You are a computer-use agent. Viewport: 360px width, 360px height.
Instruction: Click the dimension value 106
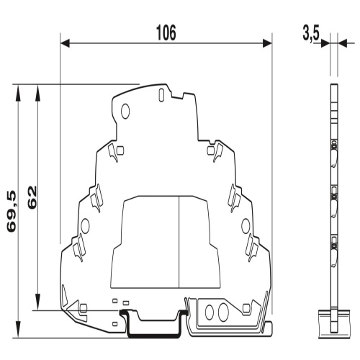pos(166,32)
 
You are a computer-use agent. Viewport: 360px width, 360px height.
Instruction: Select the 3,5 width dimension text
pos(311,35)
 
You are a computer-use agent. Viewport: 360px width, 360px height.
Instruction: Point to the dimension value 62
pos(32,197)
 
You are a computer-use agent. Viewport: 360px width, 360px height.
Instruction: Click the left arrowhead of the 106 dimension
pos(66,43)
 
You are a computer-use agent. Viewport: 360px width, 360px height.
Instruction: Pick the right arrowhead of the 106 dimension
pos(267,43)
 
